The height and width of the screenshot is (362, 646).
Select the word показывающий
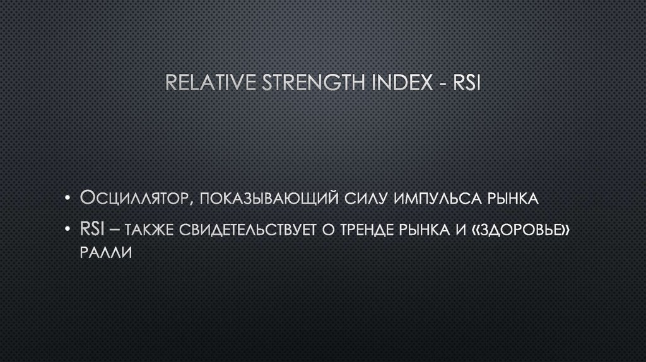click(267, 199)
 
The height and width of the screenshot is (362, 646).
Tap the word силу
click(366, 199)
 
